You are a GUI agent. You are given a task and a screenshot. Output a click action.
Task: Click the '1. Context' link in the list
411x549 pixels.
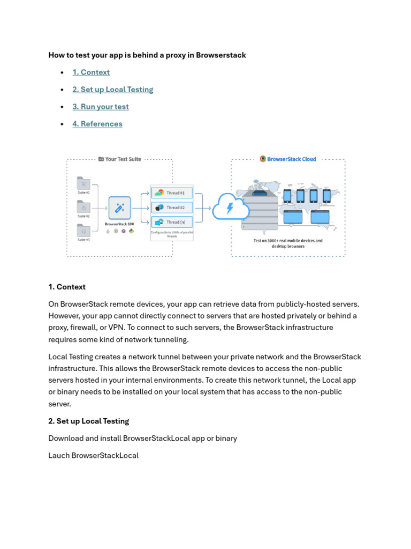coord(91,72)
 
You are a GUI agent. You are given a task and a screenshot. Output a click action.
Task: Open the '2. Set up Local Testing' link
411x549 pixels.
coord(113,90)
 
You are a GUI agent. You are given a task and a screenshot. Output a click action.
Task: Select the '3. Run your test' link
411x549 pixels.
coord(101,107)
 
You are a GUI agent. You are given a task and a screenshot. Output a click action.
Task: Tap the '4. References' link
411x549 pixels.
coord(97,124)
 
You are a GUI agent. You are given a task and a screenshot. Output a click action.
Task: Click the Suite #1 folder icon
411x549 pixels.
coord(83,183)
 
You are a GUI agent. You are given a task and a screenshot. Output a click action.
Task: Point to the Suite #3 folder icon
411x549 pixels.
coord(83,230)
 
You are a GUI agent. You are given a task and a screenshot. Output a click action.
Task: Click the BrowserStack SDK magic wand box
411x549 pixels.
coord(119,207)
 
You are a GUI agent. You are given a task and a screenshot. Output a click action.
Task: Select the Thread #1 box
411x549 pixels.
coord(172,192)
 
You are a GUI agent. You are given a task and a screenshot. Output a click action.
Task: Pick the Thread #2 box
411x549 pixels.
coord(172,207)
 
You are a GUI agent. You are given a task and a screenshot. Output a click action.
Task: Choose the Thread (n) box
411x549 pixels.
coord(172,222)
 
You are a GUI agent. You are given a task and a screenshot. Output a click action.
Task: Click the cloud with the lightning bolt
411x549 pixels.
coord(231,207)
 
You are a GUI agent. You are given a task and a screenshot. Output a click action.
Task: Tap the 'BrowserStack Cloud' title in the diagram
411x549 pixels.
coord(291,159)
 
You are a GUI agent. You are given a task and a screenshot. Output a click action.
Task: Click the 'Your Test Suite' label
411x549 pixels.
coord(123,159)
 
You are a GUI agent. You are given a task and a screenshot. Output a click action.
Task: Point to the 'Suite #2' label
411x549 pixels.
coord(83,216)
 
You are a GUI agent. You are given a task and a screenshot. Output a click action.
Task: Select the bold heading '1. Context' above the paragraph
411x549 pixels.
coord(67,287)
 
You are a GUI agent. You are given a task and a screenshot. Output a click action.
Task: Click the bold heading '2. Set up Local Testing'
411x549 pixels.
coord(89,421)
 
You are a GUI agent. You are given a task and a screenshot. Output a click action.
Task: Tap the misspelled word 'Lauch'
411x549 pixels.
coord(59,455)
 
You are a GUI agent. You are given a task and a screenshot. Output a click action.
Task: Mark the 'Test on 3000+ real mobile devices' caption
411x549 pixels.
coord(288,241)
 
